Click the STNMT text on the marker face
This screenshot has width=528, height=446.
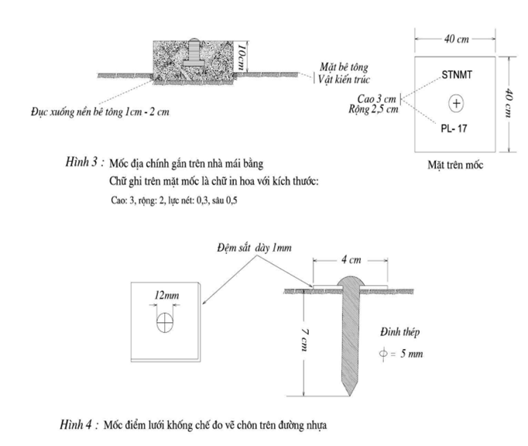click(x=457, y=74)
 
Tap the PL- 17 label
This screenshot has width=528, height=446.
click(x=454, y=129)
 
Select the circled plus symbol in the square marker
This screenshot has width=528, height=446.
click(x=456, y=103)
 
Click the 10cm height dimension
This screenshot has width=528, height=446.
click(x=241, y=57)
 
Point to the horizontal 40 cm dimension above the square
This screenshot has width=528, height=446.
click(x=456, y=39)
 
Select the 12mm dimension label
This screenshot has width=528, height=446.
click(x=166, y=296)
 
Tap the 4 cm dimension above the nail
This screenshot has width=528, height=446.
click(x=351, y=259)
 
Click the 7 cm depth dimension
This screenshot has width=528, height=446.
click(x=304, y=340)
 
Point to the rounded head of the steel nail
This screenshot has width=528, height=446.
click(x=351, y=282)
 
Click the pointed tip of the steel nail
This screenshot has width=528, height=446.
click(x=350, y=396)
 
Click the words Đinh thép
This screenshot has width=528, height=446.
click(x=400, y=332)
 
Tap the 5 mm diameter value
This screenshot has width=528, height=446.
click(x=412, y=354)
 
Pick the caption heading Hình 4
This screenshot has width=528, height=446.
click(x=77, y=424)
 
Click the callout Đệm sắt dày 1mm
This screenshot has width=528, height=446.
click(x=254, y=248)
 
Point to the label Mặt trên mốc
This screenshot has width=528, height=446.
click(x=455, y=165)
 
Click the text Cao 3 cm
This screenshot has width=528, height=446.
click(x=376, y=98)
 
